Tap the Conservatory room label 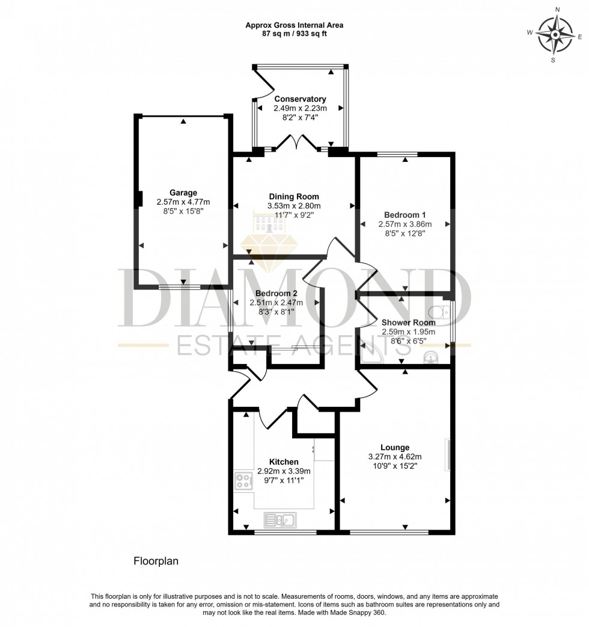(300, 99)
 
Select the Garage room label (183, 193)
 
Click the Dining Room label (294, 197)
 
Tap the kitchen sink (279, 519)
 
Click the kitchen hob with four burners (243, 481)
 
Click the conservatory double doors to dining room (294, 143)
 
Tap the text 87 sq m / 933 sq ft (294, 34)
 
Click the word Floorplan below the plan (156, 561)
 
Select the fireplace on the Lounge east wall (447, 454)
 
